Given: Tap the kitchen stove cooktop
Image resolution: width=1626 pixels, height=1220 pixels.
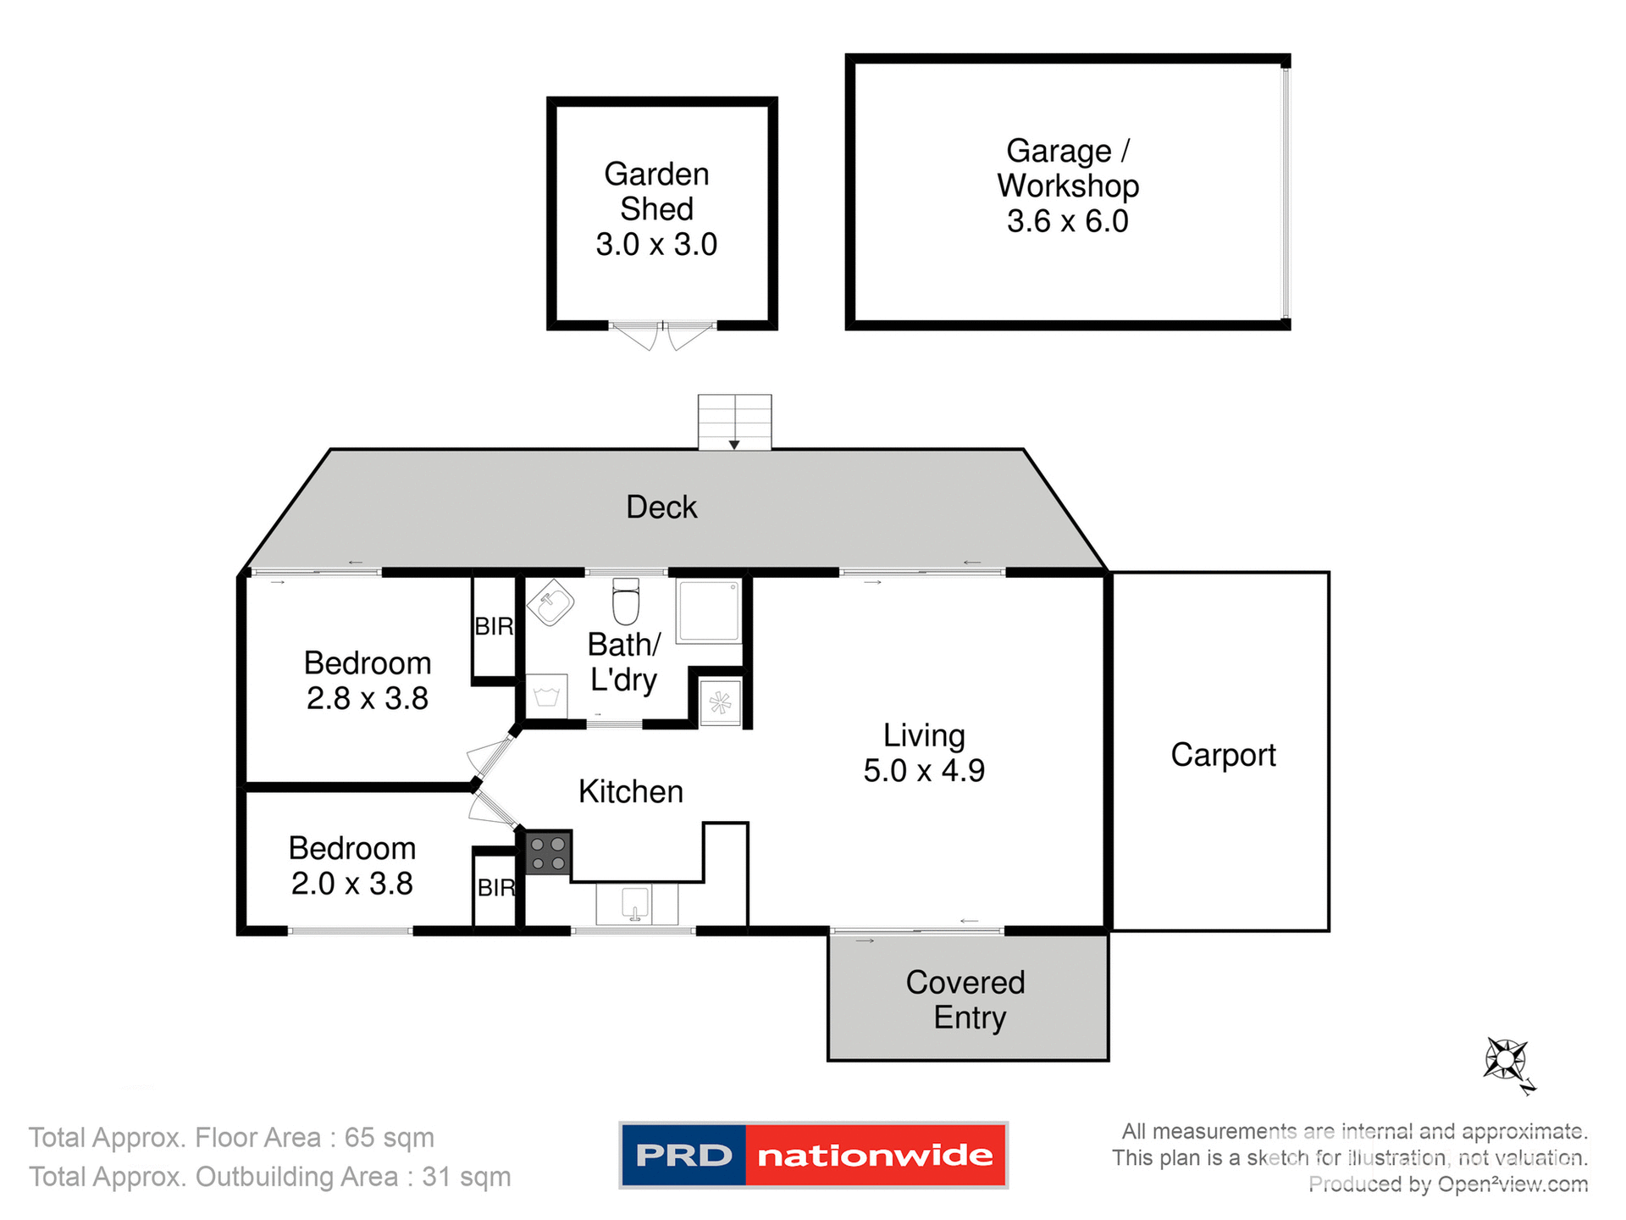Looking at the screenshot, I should (548, 853).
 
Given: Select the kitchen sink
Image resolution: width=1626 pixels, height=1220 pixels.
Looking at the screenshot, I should (636, 904).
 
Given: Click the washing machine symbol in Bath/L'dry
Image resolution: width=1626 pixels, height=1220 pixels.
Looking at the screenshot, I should (546, 696).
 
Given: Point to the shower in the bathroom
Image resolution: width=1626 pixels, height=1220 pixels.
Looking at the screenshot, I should (709, 611).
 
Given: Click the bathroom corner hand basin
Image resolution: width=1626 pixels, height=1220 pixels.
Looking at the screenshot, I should (550, 602).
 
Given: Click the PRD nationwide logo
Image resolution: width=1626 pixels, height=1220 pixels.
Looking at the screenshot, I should (813, 1155).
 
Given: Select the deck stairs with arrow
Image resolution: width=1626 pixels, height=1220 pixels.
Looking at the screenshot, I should (734, 422).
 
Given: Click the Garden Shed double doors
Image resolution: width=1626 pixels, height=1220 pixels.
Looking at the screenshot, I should (662, 335).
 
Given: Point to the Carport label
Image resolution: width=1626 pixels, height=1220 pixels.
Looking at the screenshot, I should (1223, 755).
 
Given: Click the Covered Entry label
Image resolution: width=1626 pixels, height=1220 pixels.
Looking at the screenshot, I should (966, 1000).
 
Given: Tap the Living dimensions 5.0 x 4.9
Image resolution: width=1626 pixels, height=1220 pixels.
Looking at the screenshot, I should (924, 771).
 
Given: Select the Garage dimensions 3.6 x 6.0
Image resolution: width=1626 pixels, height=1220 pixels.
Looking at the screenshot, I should (1067, 221).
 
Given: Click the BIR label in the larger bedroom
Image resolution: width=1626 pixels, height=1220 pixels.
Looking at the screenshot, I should (494, 627).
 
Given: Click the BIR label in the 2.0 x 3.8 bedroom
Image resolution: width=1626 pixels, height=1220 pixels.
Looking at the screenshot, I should (496, 887).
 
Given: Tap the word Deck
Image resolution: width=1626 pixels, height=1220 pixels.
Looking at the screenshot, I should (661, 507).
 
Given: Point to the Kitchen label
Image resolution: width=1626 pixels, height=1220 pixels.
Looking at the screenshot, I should (630, 791).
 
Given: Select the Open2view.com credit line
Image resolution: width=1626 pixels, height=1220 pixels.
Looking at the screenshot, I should (1447, 1184).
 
